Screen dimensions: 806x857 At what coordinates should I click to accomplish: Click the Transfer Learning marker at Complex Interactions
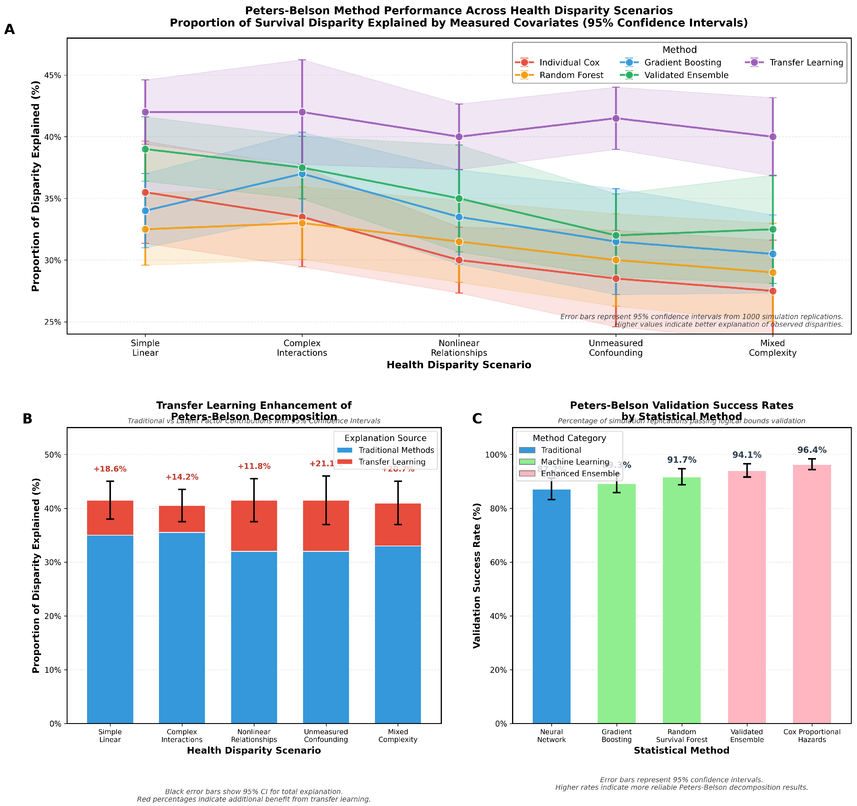pos(302,112)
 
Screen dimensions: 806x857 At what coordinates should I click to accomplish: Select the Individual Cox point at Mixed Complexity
pos(773,291)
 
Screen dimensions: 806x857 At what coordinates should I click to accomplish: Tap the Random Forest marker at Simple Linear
pos(145,229)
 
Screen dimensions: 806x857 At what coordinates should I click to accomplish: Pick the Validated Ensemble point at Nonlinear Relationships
pos(459,199)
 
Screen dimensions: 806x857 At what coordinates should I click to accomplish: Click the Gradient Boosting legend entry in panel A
pos(682,63)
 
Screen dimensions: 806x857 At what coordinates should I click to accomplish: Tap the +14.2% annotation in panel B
pos(182,477)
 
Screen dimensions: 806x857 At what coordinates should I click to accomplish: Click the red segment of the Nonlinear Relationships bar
pos(254,526)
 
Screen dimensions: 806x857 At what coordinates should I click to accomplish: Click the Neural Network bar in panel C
pos(551,603)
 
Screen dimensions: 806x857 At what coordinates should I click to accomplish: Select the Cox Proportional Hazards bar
pos(812,595)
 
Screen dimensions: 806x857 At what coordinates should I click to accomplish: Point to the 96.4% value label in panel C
pos(812,450)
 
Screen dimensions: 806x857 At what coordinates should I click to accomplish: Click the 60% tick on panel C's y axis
pos(500,562)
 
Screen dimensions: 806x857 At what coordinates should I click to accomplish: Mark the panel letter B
pos(27,419)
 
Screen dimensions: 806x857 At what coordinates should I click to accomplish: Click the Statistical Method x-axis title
pos(681,750)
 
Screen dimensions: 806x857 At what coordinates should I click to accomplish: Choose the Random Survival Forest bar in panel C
pos(681,599)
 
